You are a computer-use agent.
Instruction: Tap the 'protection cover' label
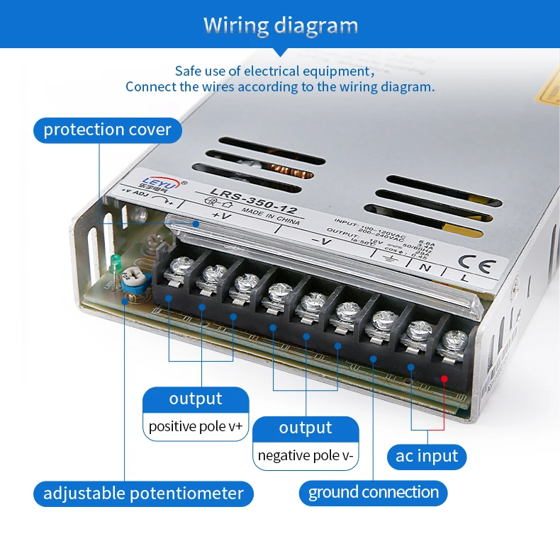pos(107,130)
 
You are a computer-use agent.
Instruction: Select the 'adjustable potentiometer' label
pos(143,493)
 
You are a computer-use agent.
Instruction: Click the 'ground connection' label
pos(374,492)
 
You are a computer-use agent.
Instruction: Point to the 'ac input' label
pos(427,456)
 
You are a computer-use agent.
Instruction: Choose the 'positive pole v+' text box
pos(196,427)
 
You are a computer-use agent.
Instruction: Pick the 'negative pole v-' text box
pos(306,455)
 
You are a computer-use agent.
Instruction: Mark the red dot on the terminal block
pos(444,379)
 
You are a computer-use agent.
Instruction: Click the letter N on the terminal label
pos(425,268)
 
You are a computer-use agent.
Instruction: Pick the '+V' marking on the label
pos(221,215)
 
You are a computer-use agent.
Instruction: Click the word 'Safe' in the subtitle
pos(189,71)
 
